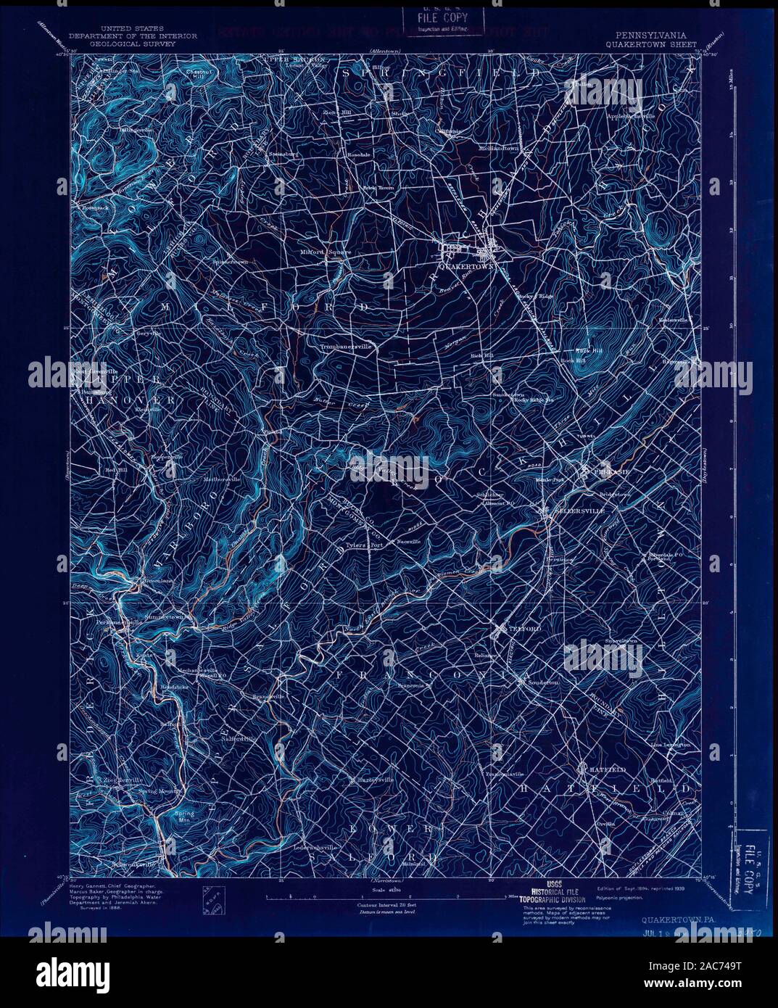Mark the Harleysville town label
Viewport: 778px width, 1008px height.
(375, 780)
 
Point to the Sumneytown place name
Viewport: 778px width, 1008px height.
(167, 616)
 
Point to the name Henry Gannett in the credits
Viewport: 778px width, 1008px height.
(88, 886)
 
